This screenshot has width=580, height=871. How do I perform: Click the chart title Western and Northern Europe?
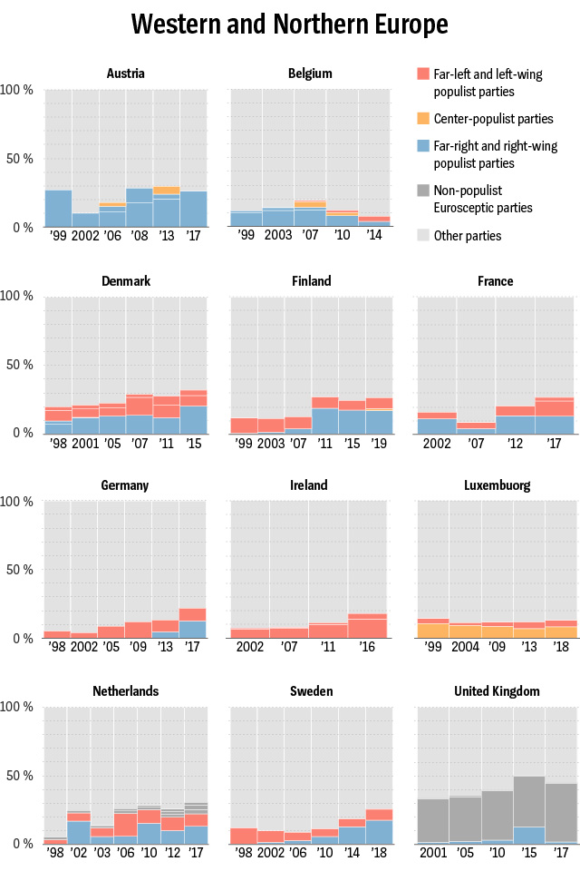[x=290, y=24]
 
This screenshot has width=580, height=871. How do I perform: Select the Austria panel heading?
[x=125, y=73]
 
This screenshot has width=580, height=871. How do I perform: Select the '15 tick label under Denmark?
[x=194, y=444]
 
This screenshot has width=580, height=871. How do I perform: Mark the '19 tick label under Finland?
[x=380, y=444]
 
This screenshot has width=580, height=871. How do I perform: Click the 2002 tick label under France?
[x=436, y=444]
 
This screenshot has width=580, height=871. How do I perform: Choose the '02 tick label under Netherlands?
[x=78, y=856]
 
